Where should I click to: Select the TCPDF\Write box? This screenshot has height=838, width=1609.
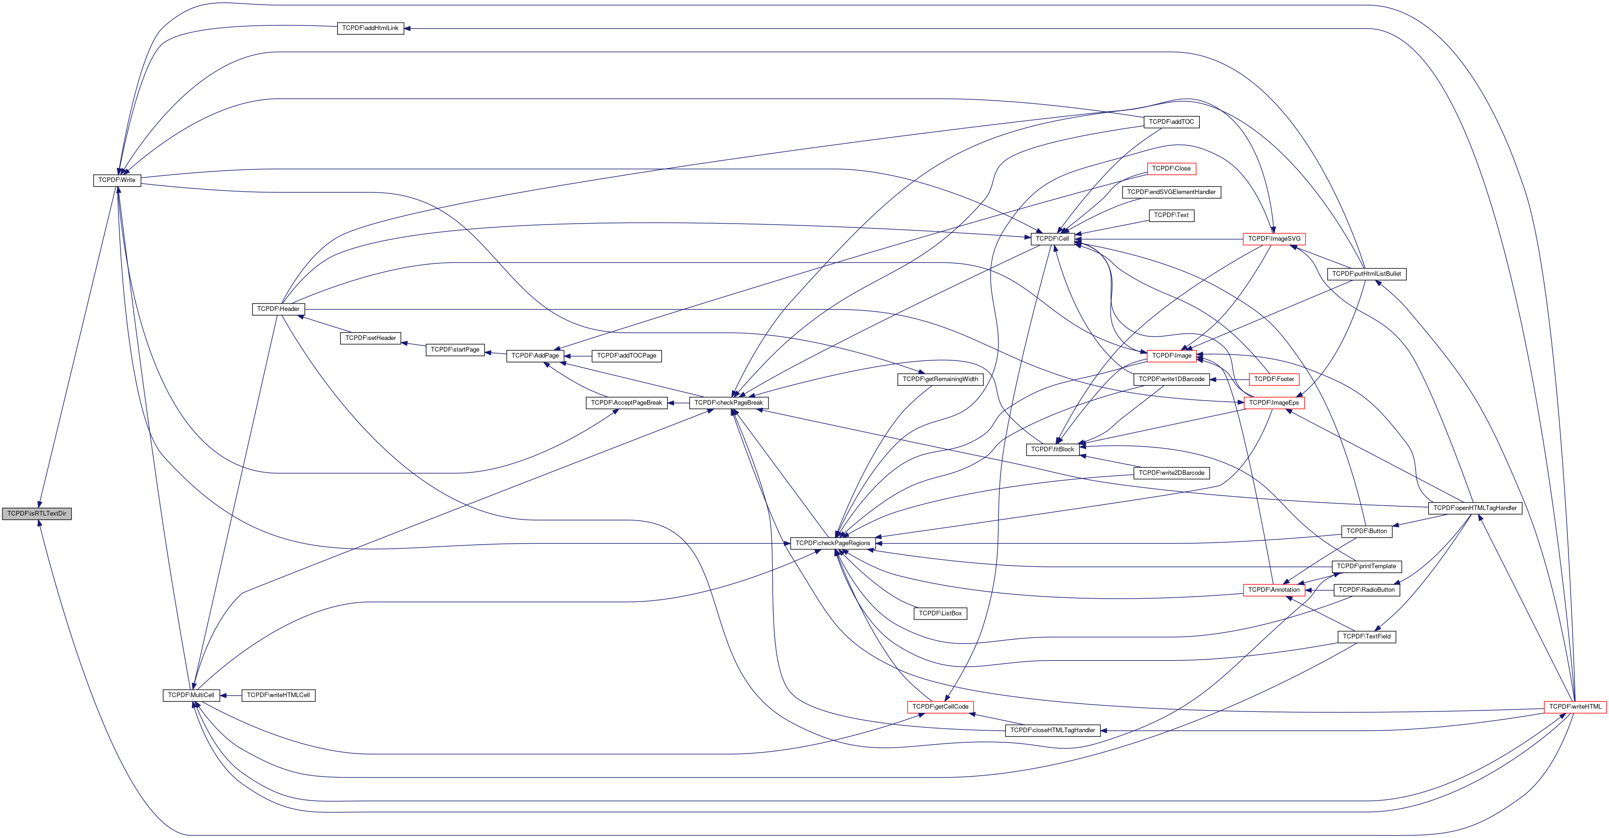[117, 180]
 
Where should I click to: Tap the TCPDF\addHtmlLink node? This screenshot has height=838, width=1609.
[370, 28]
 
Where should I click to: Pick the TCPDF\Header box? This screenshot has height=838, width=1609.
[278, 309]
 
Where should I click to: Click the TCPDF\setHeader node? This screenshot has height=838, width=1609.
[370, 338]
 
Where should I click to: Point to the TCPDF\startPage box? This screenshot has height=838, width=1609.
[455, 349]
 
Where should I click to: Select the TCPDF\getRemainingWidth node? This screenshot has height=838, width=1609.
[940, 379]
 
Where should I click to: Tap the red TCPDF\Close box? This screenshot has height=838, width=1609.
[1171, 169]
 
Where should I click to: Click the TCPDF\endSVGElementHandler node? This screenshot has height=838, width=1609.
[1171, 192]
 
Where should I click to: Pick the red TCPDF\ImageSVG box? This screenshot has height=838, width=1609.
[1274, 239]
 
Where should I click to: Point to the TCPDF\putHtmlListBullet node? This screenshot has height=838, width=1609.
[1367, 273]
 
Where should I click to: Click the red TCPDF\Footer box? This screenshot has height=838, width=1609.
[1274, 379]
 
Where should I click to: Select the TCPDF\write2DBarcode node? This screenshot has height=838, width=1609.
[1171, 473]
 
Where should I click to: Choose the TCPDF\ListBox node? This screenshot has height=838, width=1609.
[940, 613]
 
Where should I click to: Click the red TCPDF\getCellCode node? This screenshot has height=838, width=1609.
[940, 707]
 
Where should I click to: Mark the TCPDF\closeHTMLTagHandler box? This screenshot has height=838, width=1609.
[1053, 730]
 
